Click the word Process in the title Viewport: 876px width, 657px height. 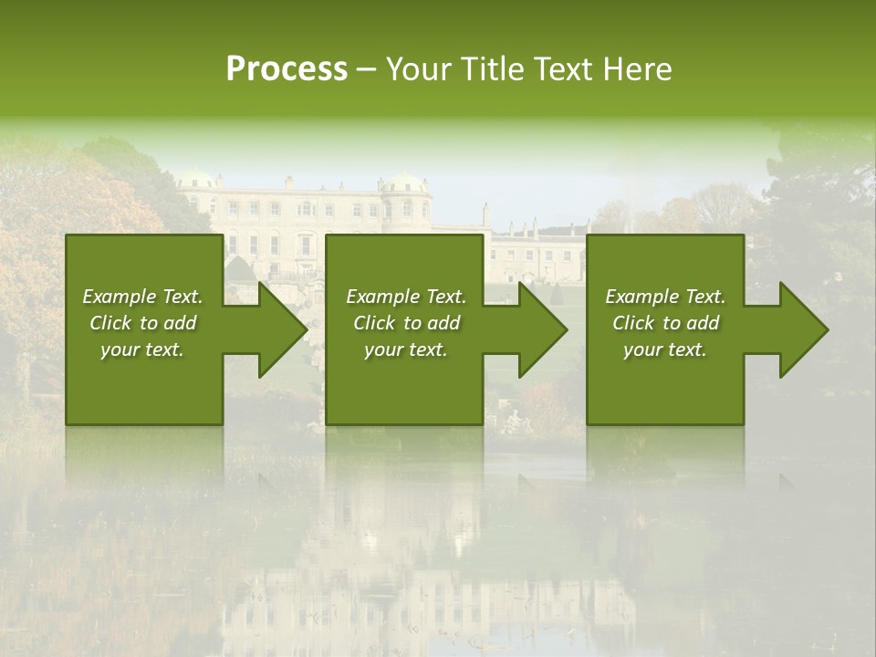coord(287,69)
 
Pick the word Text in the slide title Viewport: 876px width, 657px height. coord(564,69)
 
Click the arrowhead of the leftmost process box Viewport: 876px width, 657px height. coord(277,329)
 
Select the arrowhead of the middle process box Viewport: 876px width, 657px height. coord(538,329)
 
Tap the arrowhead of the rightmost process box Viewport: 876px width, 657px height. coord(799,329)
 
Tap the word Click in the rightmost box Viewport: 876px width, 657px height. coord(633,323)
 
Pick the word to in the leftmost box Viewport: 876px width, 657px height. coord(149,323)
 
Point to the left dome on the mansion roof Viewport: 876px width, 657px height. coord(196,177)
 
